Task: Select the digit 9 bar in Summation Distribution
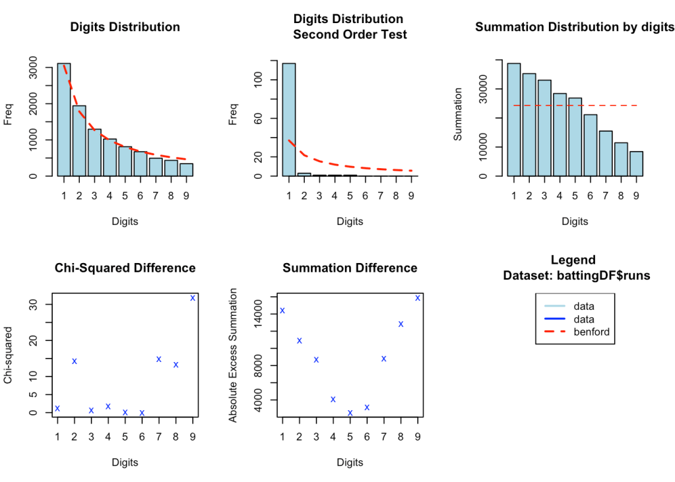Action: (636, 164)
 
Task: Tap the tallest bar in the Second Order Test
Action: (289, 120)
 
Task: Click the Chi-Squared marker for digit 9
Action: (193, 297)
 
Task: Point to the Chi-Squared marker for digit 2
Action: (75, 361)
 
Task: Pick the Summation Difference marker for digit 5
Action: (350, 413)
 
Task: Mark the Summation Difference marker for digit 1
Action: (282, 310)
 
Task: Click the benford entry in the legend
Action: (592, 332)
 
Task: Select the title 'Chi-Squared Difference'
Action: (125, 268)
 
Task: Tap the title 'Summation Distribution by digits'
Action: (575, 27)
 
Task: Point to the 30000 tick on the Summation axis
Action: (491, 89)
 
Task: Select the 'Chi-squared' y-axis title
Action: (9, 356)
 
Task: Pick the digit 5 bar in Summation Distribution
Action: (575, 136)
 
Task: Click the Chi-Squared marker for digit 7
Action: (159, 359)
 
